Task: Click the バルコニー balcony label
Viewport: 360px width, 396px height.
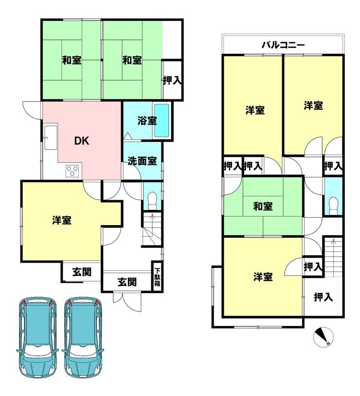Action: point(283,45)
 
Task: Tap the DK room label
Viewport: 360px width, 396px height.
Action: point(82,141)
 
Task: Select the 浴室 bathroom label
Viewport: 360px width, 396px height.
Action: point(147,121)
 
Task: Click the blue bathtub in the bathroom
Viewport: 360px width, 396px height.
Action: point(162,121)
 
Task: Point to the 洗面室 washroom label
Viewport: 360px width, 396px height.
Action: point(142,161)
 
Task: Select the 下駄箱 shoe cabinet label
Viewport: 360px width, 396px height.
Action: point(157,277)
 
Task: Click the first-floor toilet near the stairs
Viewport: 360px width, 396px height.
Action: point(152,201)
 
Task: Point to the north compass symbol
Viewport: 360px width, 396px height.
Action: point(324,337)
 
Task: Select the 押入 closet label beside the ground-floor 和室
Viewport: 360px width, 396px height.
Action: point(172,80)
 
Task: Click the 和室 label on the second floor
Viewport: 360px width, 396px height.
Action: point(263,207)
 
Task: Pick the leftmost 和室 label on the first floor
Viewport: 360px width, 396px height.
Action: point(72,60)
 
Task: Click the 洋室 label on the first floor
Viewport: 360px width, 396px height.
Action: point(62,220)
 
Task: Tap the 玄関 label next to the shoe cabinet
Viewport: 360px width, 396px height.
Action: point(127,282)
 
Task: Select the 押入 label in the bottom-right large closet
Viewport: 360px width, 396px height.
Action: point(323,297)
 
